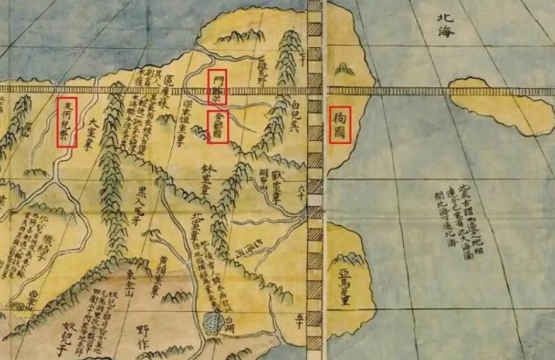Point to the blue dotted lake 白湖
(x=215, y=324)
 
